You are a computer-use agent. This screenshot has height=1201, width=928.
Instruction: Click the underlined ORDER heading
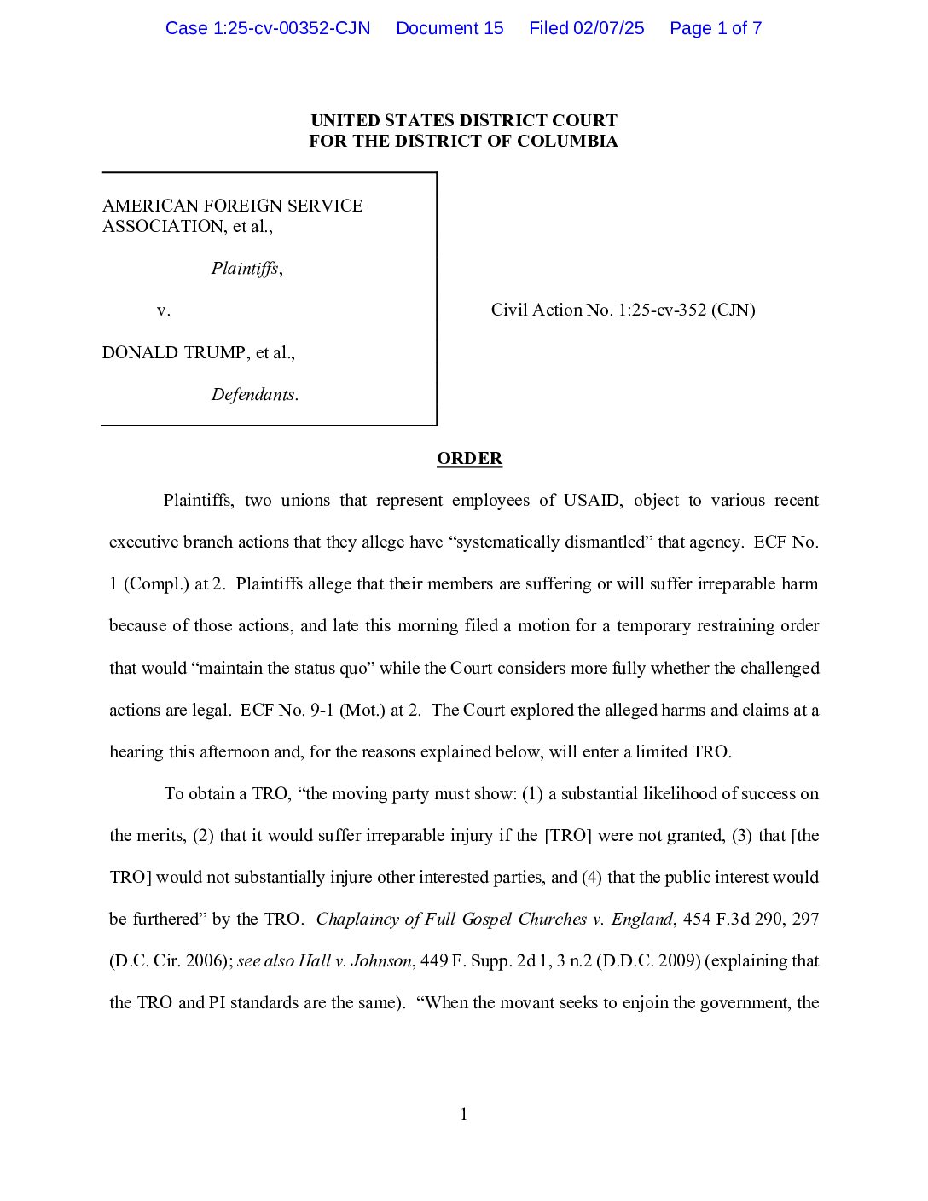click(469, 459)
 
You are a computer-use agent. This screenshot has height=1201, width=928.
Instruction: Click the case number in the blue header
click(268, 28)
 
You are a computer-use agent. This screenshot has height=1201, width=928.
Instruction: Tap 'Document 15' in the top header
click(449, 28)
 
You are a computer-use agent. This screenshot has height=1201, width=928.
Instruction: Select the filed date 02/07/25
click(608, 28)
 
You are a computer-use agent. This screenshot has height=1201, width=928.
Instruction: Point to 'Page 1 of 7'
click(716, 28)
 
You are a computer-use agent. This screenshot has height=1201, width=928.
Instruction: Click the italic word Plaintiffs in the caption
click(245, 269)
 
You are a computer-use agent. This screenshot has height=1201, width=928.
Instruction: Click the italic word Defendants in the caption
click(253, 394)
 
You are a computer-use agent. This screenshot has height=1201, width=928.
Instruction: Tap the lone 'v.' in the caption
click(164, 310)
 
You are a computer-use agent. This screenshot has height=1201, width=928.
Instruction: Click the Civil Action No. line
click(623, 310)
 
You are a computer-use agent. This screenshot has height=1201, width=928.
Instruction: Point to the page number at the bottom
click(464, 1114)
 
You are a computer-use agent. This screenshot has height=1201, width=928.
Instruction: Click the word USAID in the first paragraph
click(592, 501)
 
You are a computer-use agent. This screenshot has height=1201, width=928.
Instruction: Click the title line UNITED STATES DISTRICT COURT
click(464, 120)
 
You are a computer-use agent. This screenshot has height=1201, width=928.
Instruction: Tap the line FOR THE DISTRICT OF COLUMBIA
click(464, 141)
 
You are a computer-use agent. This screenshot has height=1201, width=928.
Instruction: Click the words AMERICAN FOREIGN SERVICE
click(233, 206)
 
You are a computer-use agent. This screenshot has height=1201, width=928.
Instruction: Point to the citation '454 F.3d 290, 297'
click(751, 920)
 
